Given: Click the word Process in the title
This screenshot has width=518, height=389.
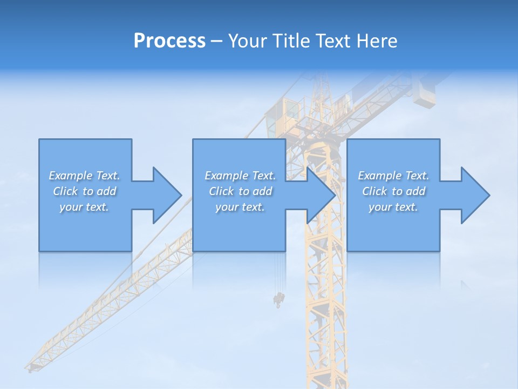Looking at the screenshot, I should click(169, 41).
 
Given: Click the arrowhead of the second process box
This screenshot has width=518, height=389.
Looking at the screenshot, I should click(321, 195).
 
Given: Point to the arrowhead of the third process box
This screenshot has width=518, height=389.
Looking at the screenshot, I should click(475, 195).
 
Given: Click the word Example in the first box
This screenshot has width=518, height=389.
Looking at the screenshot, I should click(71, 176).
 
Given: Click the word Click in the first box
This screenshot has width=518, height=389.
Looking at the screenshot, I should click(65, 191).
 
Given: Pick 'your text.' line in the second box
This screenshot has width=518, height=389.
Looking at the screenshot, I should click(240, 207).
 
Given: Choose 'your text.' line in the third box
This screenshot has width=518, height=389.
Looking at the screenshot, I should click(393, 207).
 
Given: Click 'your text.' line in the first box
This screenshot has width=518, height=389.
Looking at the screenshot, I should click(84, 207).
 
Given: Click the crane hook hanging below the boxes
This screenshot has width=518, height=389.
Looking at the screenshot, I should click(279, 299).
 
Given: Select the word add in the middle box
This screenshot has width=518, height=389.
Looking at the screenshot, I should click(262, 191).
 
